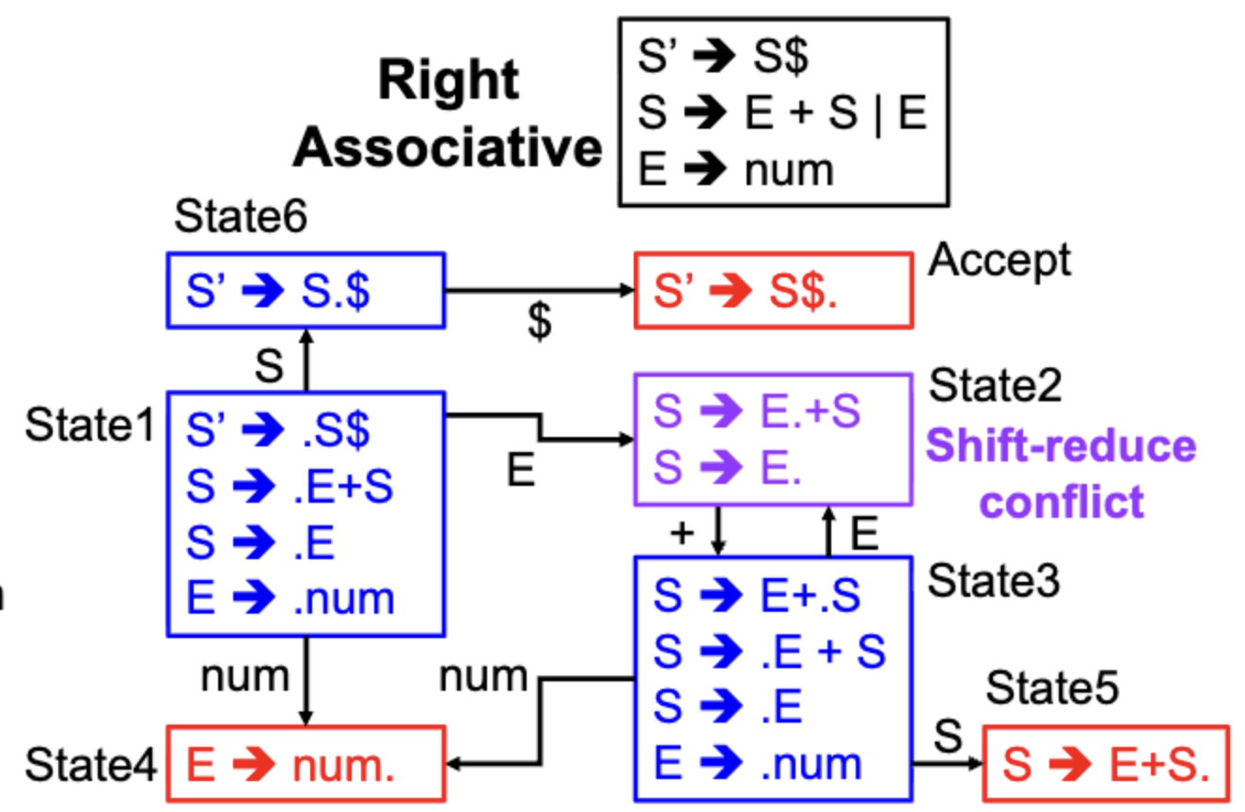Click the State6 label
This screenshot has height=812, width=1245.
(x=241, y=216)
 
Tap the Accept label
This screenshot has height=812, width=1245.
(x=1000, y=261)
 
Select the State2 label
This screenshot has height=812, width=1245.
(x=996, y=385)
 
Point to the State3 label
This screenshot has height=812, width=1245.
(x=994, y=581)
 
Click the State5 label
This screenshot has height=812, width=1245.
(x=1052, y=688)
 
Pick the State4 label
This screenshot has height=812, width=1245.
(x=91, y=765)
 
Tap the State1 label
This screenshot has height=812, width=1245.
(x=90, y=425)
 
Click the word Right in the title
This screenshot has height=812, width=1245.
(x=449, y=81)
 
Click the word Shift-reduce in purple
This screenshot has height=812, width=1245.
(x=1061, y=446)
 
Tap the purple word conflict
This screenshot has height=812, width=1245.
(x=1062, y=502)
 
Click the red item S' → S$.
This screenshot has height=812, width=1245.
(x=745, y=290)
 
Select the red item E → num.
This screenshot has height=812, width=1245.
(x=291, y=765)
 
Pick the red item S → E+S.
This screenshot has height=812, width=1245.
(x=1106, y=765)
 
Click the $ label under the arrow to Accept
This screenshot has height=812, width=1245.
(x=540, y=321)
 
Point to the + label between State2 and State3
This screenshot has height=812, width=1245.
(x=683, y=533)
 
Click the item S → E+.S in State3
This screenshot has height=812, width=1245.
(x=757, y=595)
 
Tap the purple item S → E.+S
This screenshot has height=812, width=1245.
(x=757, y=411)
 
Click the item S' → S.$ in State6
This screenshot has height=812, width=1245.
(x=278, y=290)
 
